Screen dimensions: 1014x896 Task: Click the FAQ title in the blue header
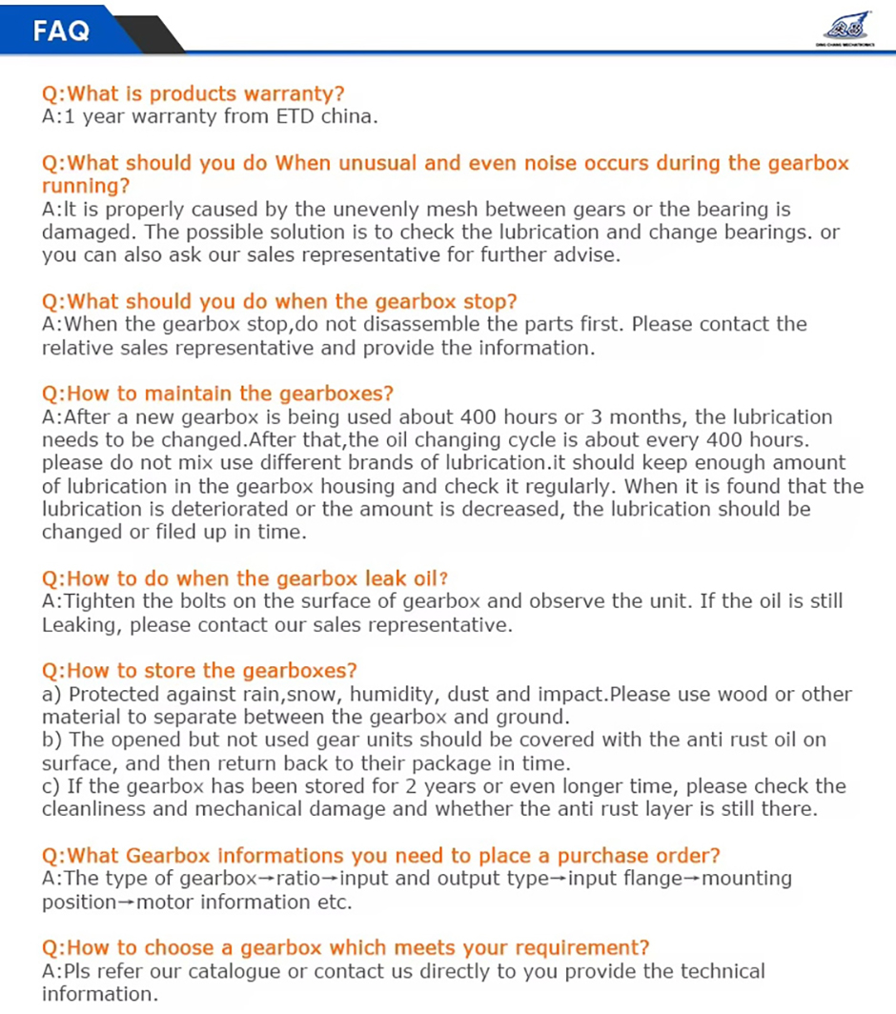pos(61,30)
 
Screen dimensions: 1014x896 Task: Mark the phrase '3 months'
pos(601,416)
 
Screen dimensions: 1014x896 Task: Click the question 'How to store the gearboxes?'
pos(199,670)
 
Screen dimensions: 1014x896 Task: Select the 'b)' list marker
pos(51,740)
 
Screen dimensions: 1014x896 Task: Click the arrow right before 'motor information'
pos(125,902)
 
